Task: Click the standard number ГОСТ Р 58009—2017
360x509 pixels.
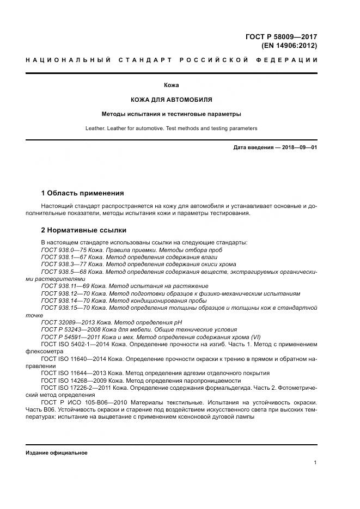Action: click(x=281, y=36)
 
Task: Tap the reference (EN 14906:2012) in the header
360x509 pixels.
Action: click(x=285, y=45)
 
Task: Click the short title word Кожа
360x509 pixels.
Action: click(x=172, y=85)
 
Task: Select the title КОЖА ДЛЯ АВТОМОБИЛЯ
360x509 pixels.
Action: click(x=172, y=100)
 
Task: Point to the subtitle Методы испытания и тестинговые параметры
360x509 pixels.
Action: click(x=172, y=114)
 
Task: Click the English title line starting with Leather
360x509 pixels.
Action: click(x=172, y=128)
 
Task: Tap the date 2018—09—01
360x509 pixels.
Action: click(x=298, y=148)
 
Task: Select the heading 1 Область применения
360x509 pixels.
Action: click(x=82, y=193)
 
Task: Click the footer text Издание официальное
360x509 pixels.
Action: click(x=57, y=453)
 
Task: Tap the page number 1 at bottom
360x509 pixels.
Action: click(x=315, y=463)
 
